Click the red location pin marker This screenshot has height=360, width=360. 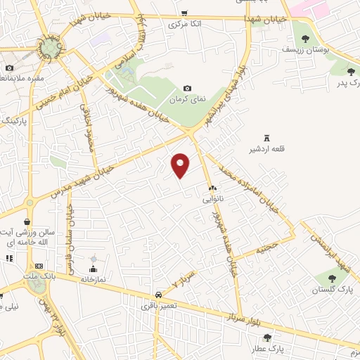click(x=181, y=165)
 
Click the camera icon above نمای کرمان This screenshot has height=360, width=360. click(x=187, y=89)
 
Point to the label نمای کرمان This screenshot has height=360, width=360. click(x=191, y=99)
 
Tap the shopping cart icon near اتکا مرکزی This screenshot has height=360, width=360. click(x=184, y=13)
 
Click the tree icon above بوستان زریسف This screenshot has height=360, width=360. click(x=304, y=39)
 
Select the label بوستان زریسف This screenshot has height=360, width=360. click(x=301, y=50)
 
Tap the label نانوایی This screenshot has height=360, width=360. click(x=212, y=199)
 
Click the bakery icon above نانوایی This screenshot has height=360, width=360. click(x=212, y=188)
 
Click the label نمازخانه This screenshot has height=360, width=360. click(x=92, y=279)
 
